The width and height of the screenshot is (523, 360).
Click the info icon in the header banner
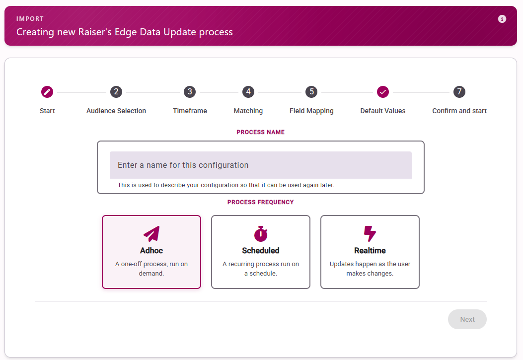502,19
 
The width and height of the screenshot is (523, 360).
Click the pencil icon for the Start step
47,92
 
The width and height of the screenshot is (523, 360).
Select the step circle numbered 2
116,92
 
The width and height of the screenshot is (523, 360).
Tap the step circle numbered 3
190,92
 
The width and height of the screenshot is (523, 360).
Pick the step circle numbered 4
248,92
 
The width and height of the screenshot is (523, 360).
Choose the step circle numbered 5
311,92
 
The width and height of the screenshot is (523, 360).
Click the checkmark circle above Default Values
383,92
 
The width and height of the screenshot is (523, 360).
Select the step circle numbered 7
459,92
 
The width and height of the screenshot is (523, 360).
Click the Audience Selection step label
116,111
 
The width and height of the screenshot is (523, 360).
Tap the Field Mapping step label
311,111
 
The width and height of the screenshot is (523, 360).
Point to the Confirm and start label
459,111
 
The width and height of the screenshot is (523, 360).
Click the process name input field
260,165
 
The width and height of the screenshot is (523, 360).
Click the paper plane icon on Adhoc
152,234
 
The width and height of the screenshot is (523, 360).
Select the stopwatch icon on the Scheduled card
261,234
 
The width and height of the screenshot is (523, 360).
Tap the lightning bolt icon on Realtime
370,234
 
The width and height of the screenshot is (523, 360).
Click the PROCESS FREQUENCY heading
260,202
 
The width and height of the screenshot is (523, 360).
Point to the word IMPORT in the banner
30,19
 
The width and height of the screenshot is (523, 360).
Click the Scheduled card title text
261,250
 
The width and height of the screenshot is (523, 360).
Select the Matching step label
248,111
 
